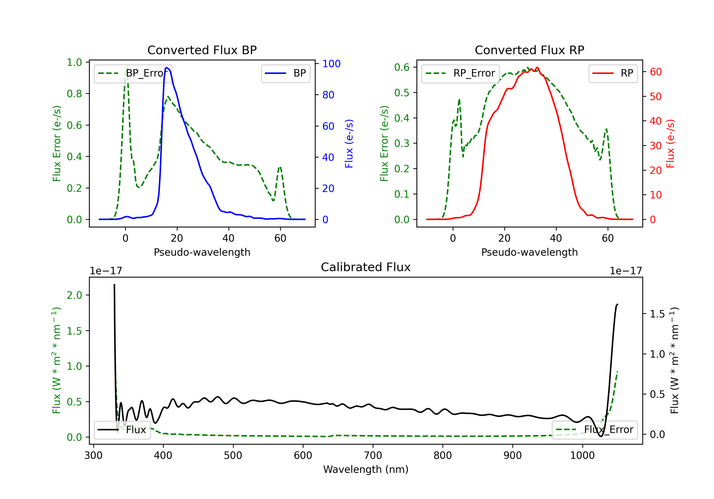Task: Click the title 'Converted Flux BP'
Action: click(202, 50)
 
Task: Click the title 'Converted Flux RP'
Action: click(529, 50)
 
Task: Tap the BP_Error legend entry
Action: click(133, 73)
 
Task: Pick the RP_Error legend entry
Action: click(461, 73)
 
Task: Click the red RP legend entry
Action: click(613, 73)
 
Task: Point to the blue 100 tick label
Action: click(331, 64)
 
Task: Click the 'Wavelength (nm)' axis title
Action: click(366, 469)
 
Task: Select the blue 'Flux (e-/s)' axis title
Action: click(349, 144)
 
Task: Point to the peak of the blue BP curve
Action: click(167, 67)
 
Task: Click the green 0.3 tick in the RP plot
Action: click(402, 144)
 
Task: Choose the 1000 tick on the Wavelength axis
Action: click(582, 456)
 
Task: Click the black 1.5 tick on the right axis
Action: click(657, 314)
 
